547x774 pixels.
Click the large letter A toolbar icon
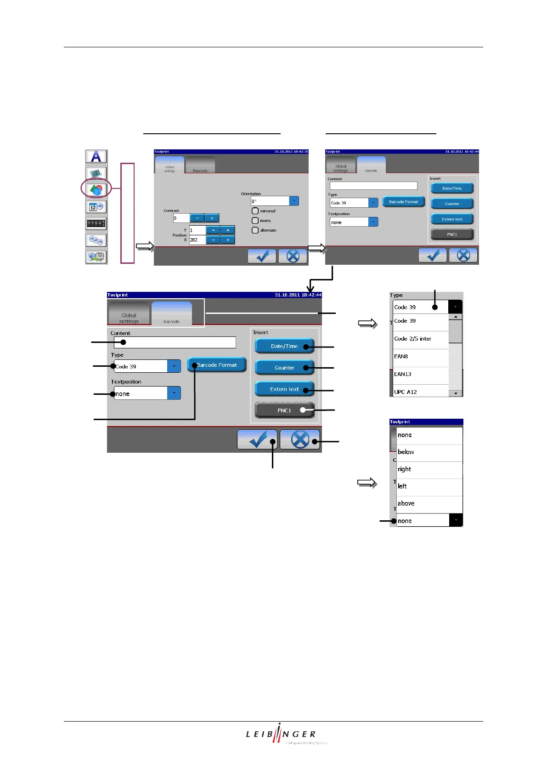click(x=96, y=156)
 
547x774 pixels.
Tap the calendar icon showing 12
click(x=96, y=207)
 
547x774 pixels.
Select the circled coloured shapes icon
click(x=96, y=189)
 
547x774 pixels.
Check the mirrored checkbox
click(x=255, y=211)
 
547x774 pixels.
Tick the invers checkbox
click(x=255, y=221)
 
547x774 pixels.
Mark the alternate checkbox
click(x=255, y=230)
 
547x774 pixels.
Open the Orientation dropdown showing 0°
click(x=294, y=201)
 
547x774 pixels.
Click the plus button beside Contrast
click(x=212, y=218)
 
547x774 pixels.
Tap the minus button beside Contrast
click(x=197, y=218)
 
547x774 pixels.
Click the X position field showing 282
click(x=197, y=240)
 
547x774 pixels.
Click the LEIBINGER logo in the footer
click(x=281, y=734)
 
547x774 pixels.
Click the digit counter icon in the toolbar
click(x=96, y=223)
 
